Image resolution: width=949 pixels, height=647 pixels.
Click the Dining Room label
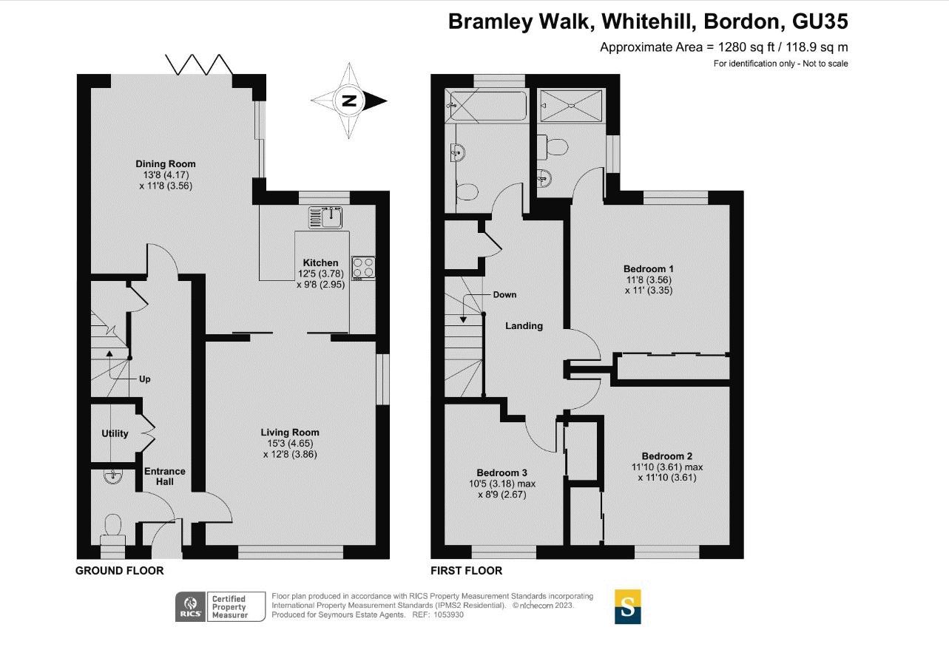166,164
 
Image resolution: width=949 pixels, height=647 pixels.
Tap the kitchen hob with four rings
363,268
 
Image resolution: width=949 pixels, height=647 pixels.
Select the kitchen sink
325,217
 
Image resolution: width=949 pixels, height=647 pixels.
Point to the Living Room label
290,433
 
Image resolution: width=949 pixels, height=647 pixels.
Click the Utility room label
115,433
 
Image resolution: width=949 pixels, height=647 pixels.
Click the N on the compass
349,101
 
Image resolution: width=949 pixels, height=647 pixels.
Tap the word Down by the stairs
504,295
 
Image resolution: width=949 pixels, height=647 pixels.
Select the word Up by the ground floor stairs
144,379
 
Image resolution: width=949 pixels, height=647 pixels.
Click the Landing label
524,325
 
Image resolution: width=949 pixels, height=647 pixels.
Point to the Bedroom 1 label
649,269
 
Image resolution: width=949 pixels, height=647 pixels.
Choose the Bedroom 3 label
502,472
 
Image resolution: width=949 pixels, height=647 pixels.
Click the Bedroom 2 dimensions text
667,472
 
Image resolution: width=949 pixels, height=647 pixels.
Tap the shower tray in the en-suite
571,106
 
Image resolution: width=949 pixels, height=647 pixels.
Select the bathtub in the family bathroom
487,106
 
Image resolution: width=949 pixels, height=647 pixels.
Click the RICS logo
191,606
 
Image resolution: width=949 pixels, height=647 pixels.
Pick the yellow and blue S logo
628,607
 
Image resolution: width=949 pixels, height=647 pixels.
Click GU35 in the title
820,21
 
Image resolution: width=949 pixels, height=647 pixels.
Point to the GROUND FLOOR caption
120,571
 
